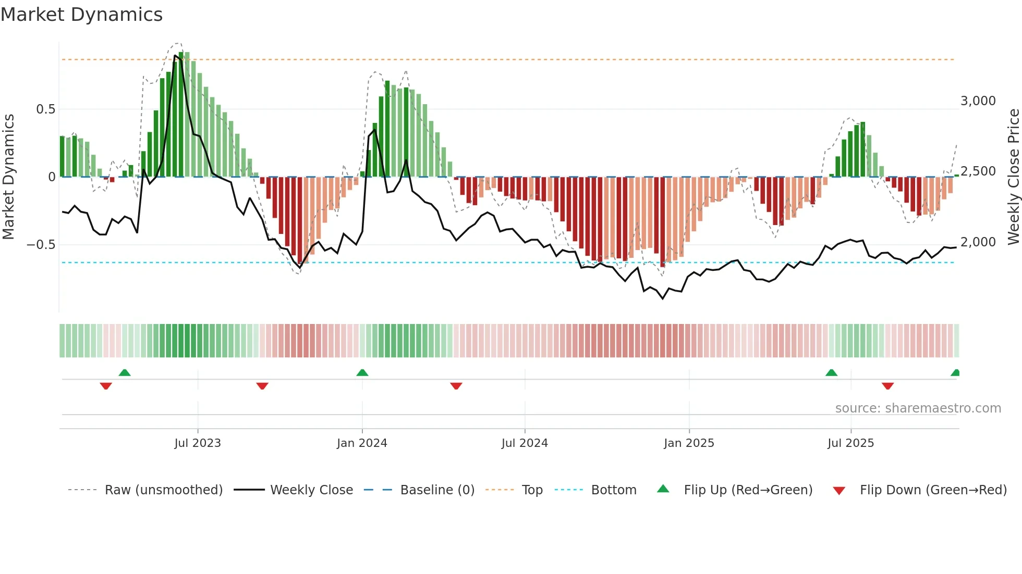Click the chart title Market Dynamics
pyautogui.click(x=81, y=15)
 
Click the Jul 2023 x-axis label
pyautogui.click(x=198, y=443)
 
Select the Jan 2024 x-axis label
pyautogui.click(x=362, y=443)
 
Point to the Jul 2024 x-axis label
pyautogui.click(x=525, y=443)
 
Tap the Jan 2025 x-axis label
pyautogui.click(x=689, y=443)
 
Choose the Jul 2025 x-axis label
pyautogui.click(x=850, y=443)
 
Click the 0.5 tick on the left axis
pyautogui.click(x=45, y=109)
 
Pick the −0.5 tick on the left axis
pyautogui.click(x=41, y=245)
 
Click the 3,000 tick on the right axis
pyautogui.click(x=978, y=101)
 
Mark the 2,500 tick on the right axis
pyautogui.click(x=978, y=171)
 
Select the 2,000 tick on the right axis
pyautogui.click(x=978, y=242)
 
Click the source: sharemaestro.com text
pyautogui.click(x=918, y=408)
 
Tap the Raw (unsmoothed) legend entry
pyautogui.click(x=163, y=490)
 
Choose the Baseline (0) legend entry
pyautogui.click(x=437, y=490)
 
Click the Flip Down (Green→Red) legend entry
pyautogui.click(x=933, y=490)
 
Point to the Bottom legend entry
pyautogui.click(x=613, y=490)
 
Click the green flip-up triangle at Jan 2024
pyautogui.click(x=362, y=372)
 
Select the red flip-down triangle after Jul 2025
pyautogui.click(x=888, y=386)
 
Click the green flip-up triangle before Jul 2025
pyautogui.click(x=832, y=372)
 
